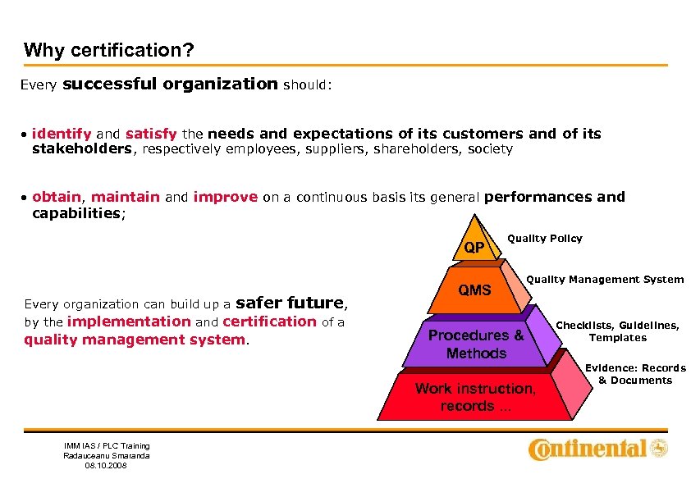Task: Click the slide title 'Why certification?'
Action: point(108,50)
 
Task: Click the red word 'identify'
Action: point(62,134)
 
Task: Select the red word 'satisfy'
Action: point(153,134)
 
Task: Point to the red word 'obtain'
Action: point(57,197)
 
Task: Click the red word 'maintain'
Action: point(126,197)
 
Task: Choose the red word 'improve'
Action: point(226,197)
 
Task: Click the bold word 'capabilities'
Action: point(76,213)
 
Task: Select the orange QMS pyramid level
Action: point(474,290)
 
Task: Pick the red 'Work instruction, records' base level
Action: point(475,398)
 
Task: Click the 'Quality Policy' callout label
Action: point(545,239)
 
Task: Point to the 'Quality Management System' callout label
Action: point(605,280)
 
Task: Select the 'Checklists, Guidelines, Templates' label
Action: point(618,331)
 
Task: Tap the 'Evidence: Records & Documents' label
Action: point(635,374)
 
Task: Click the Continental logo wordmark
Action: point(589,449)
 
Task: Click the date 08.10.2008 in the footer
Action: point(107,467)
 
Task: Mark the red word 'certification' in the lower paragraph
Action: point(269,322)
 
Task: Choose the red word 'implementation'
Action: point(129,322)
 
